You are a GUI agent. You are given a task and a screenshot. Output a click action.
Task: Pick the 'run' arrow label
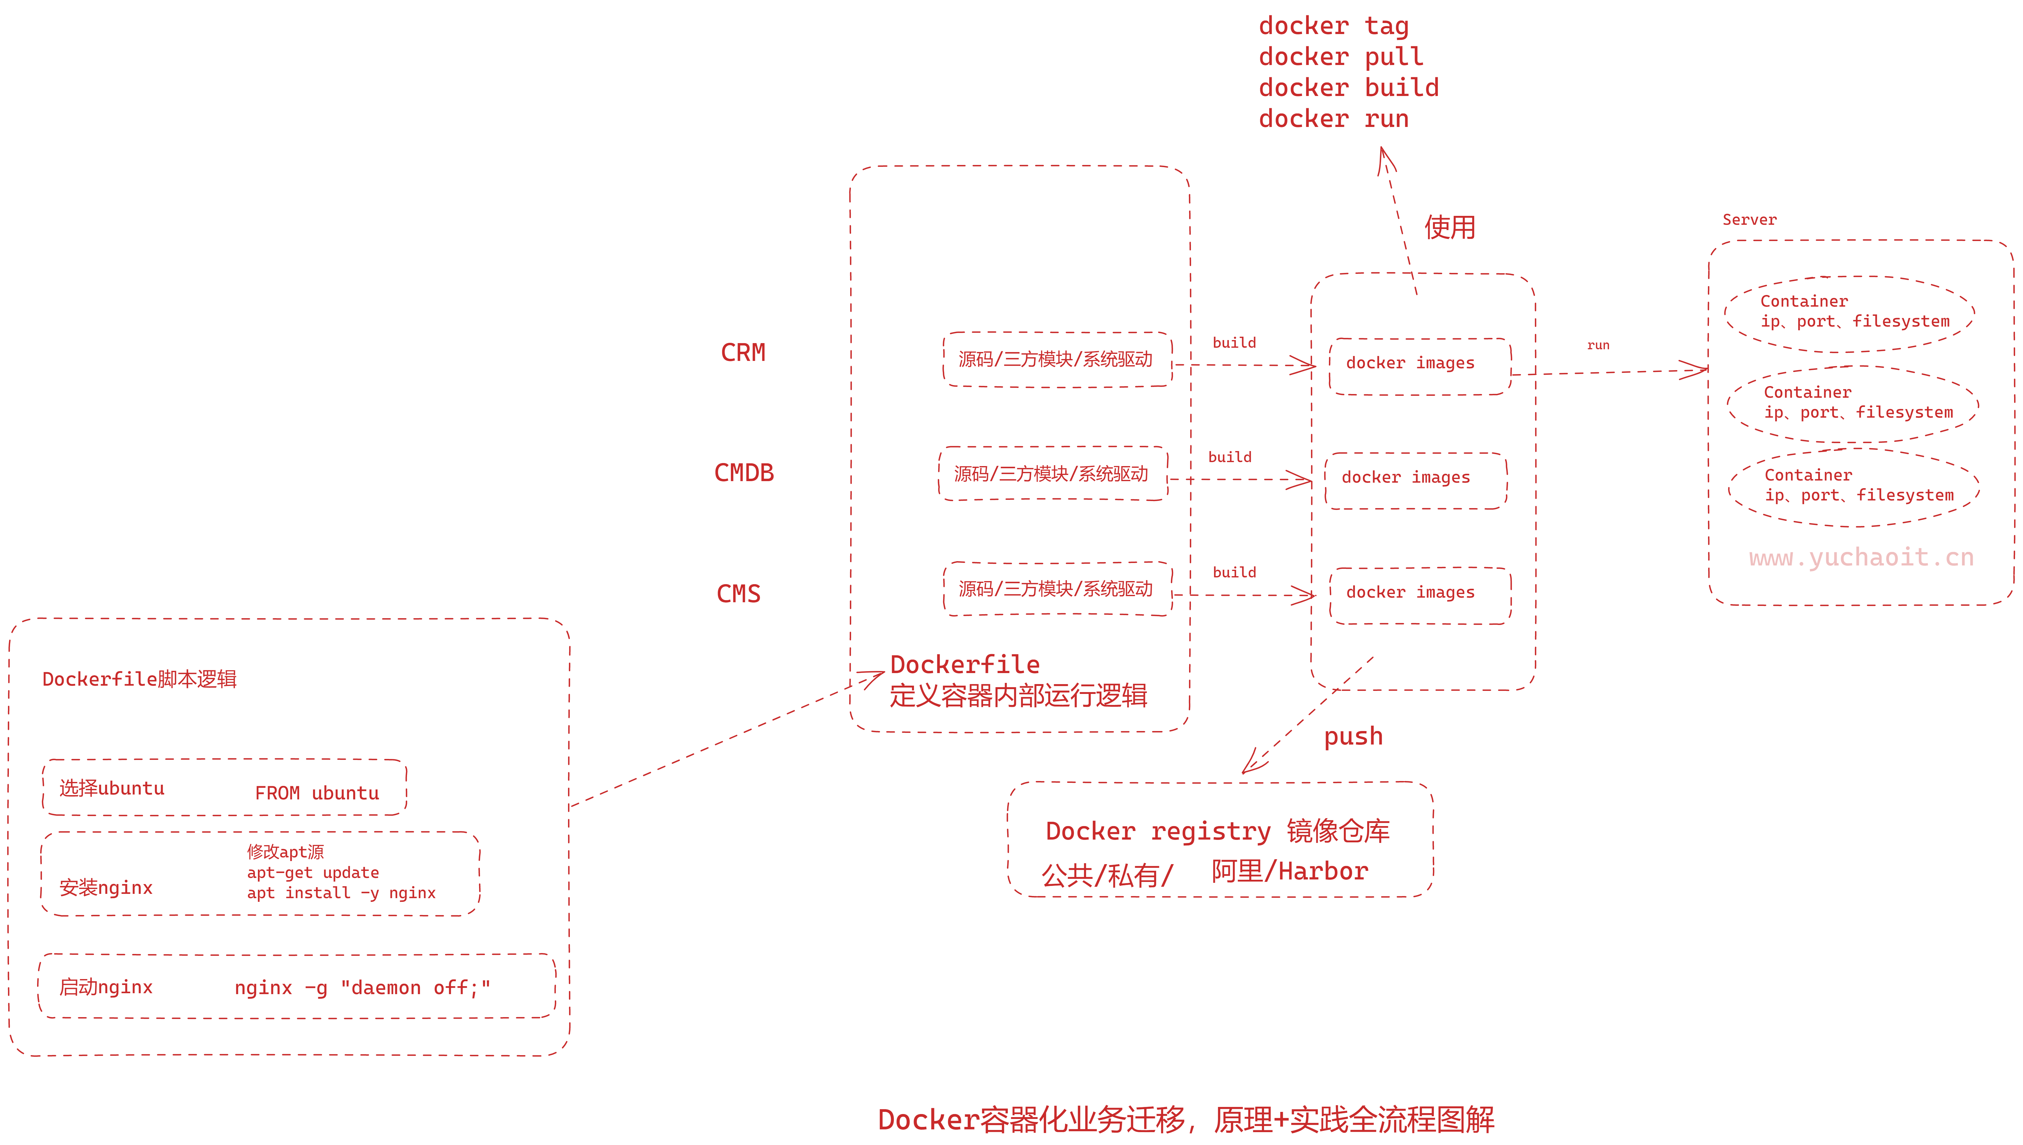tap(1598, 345)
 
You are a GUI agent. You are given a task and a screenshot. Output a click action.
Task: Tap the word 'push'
tap(1353, 737)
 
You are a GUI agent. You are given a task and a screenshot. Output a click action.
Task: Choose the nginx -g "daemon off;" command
tap(362, 988)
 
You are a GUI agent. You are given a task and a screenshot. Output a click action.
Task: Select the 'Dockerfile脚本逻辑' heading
tap(139, 680)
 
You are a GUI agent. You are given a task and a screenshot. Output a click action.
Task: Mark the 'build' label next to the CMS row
tap(1234, 572)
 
